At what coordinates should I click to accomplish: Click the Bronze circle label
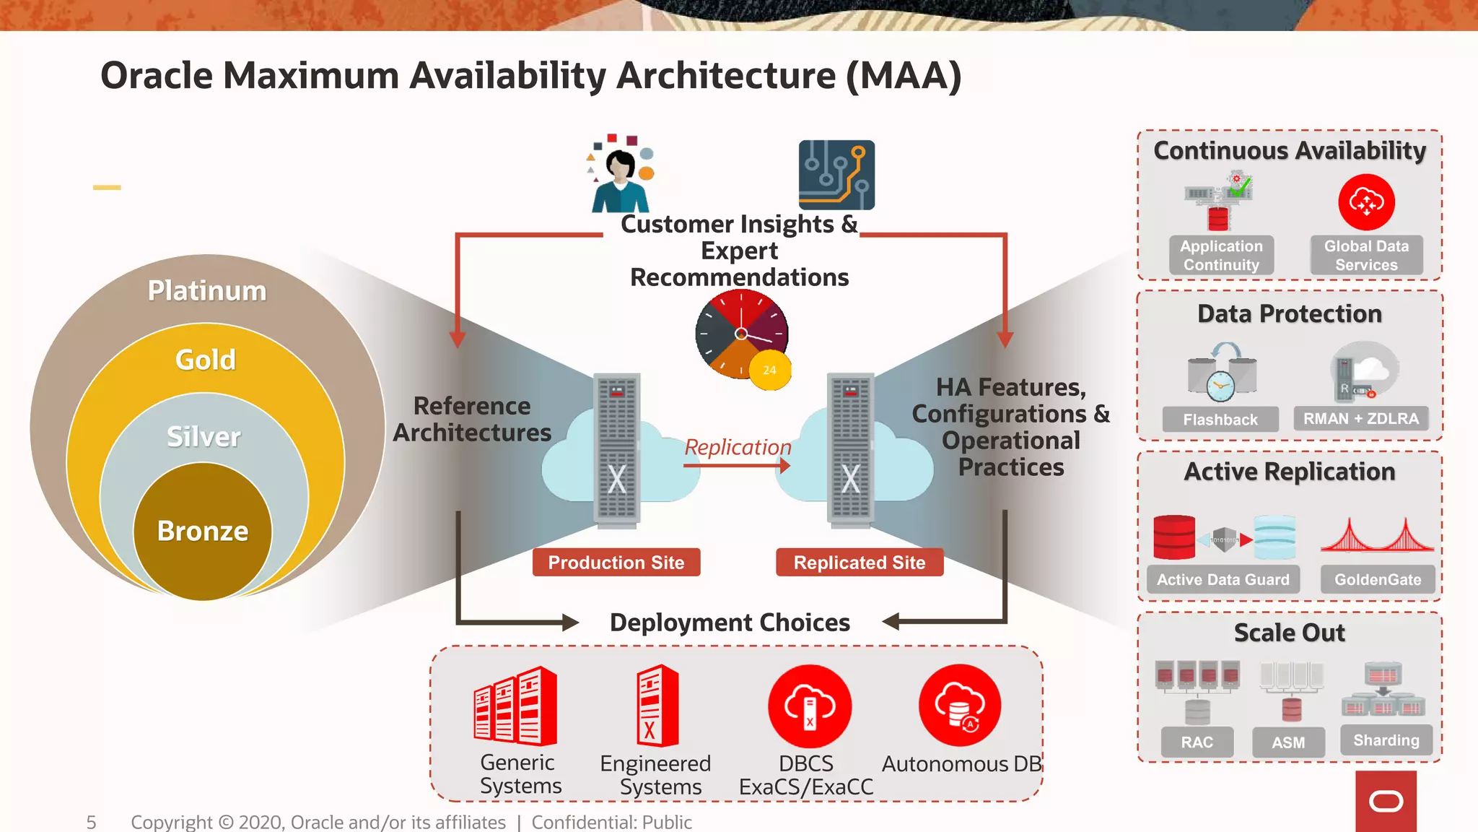coord(203,531)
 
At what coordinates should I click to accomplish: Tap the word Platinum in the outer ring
coord(207,290)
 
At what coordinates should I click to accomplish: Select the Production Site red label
coord(616,563)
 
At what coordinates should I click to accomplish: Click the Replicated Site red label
coord(860,563)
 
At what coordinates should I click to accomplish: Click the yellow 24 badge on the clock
coord(770,370)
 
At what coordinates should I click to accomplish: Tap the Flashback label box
coord(1220,420)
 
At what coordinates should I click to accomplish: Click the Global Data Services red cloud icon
coord(1366,202)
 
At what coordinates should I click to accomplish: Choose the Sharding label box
coord(1386,740)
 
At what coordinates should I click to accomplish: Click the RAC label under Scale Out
coord(1197,742)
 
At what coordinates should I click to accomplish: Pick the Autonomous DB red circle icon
coord(960,706)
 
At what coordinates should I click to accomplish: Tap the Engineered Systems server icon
coord(657,706)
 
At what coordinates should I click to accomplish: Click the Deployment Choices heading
coord(730,623)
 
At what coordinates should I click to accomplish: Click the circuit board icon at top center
coord(836,175)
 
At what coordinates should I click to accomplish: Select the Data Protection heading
coord(1290,314)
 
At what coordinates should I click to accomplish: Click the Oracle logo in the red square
coord(1386,802)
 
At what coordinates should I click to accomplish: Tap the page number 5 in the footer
coord(91,822)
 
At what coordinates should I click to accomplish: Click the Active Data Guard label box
coord(1223,580)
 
